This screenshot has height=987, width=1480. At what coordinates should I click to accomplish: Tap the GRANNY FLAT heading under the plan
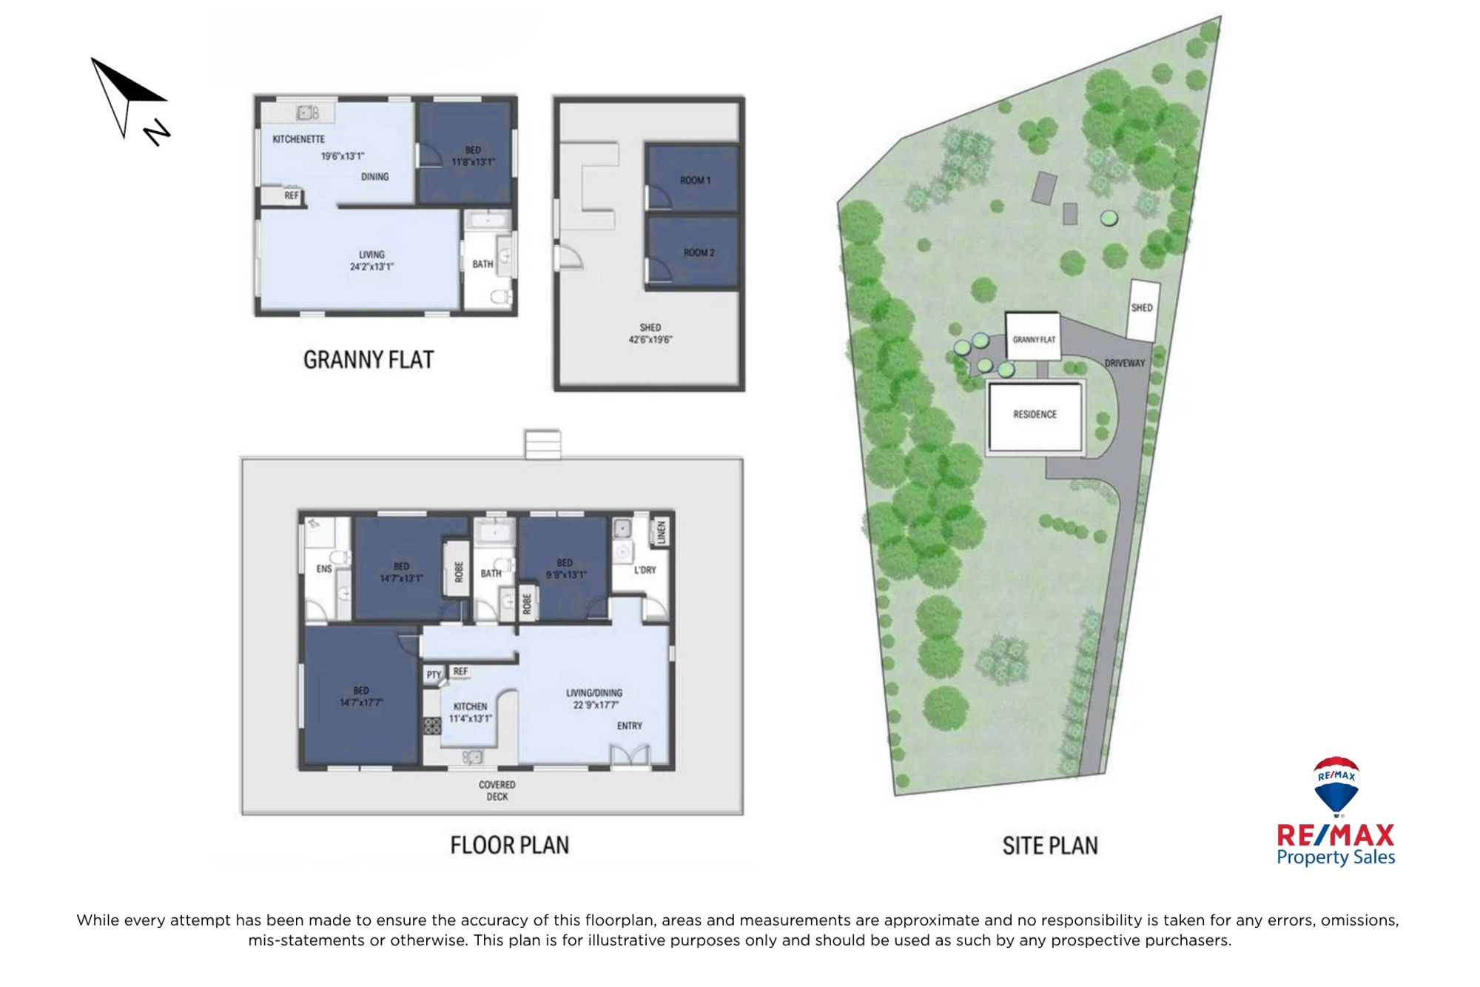click(369, 360)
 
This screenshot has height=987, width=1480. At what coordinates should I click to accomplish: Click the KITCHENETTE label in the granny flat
click(298, 139)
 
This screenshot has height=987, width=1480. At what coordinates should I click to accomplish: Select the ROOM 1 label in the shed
click(695, 180)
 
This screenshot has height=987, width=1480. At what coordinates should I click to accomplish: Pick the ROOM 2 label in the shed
click(699, 252)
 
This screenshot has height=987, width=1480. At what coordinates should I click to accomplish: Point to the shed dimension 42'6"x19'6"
click(650, 340)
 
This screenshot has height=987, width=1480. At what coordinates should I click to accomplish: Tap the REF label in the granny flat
click(292, 195)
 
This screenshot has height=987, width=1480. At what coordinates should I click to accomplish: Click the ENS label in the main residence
click(324, 569)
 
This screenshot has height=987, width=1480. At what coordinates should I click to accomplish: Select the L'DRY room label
click(645, 569)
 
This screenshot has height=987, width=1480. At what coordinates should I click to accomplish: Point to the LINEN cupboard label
click(662, 532)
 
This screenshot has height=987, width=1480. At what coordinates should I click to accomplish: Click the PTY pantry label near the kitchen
click(434, 675)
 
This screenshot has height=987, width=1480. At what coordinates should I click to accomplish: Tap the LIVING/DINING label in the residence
click(594, 693)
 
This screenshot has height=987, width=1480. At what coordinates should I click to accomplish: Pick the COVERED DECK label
click(497, 791)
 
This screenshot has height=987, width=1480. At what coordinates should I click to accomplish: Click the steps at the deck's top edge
click(542, 444)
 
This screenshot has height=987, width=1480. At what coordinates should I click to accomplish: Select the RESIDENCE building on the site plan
click(1035, 416)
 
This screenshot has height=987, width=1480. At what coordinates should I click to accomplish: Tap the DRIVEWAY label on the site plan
click(1125, 364)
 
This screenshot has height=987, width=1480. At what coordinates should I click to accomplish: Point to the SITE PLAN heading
click(1050, 846)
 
